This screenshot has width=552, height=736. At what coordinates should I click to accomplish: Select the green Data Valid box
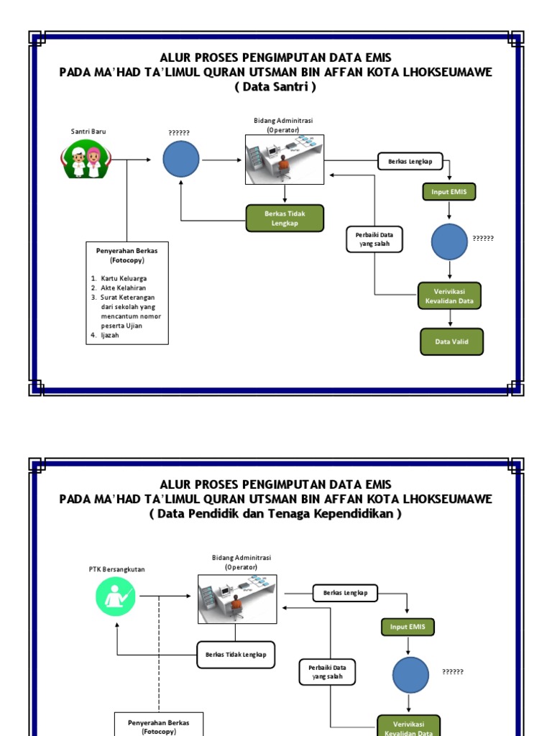click(x=451, y=342)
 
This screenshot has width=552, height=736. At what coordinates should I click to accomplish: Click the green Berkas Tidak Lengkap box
click(x=285, y=218)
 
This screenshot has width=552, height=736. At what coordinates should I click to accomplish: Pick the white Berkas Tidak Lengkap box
click(x=236, y=655)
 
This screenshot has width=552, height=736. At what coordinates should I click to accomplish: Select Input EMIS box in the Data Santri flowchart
click(x=449, y=192)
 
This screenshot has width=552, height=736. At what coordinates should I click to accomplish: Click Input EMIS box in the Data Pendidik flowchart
click(x=408, y=627)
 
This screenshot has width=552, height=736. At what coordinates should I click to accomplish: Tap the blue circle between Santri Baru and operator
click(x=181, y=159)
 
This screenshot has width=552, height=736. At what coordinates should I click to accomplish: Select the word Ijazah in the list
click(x=110, y=335)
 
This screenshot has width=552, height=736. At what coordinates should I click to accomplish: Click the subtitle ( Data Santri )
click(x=275, y=87)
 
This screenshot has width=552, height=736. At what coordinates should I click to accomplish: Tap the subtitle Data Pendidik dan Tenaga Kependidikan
click(x=275, y=514)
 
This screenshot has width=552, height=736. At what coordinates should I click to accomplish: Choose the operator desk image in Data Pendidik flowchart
click(x=236, y=599)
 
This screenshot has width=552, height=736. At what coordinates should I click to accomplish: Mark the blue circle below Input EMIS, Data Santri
click(x=449, y=241)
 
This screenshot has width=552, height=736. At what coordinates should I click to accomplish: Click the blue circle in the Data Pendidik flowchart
click(x=410, y=675)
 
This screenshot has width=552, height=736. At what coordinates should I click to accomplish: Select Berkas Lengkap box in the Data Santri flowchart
click(x=410, y=162)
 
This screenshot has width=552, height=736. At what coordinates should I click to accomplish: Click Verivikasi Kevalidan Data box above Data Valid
click(x=449, y=296)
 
